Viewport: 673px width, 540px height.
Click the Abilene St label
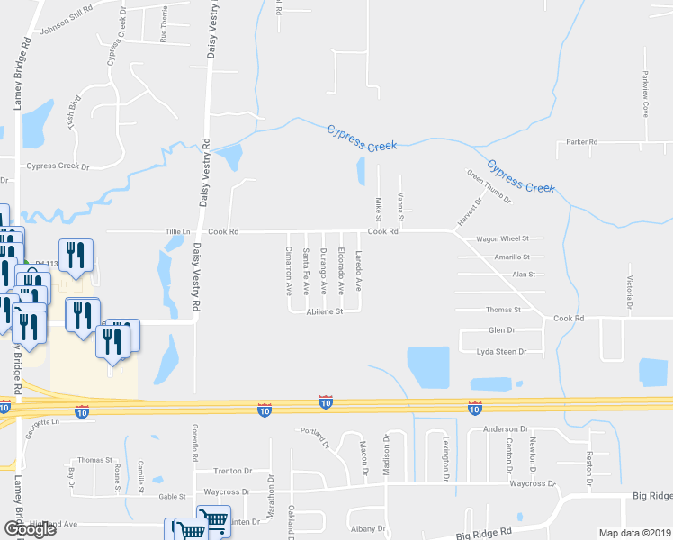pos(326,311)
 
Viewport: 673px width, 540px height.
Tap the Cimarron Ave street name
pos(289,271)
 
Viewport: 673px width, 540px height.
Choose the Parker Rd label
pos(582,142)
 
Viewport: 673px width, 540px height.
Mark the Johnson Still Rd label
pos(67,25)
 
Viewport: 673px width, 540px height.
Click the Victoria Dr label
pos(631,290)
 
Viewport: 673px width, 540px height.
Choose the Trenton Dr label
pos(232,471)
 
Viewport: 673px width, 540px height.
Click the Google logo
pos(30,529)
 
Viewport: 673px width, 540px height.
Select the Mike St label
pos(379,212)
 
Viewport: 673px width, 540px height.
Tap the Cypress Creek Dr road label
pos(59,166)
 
